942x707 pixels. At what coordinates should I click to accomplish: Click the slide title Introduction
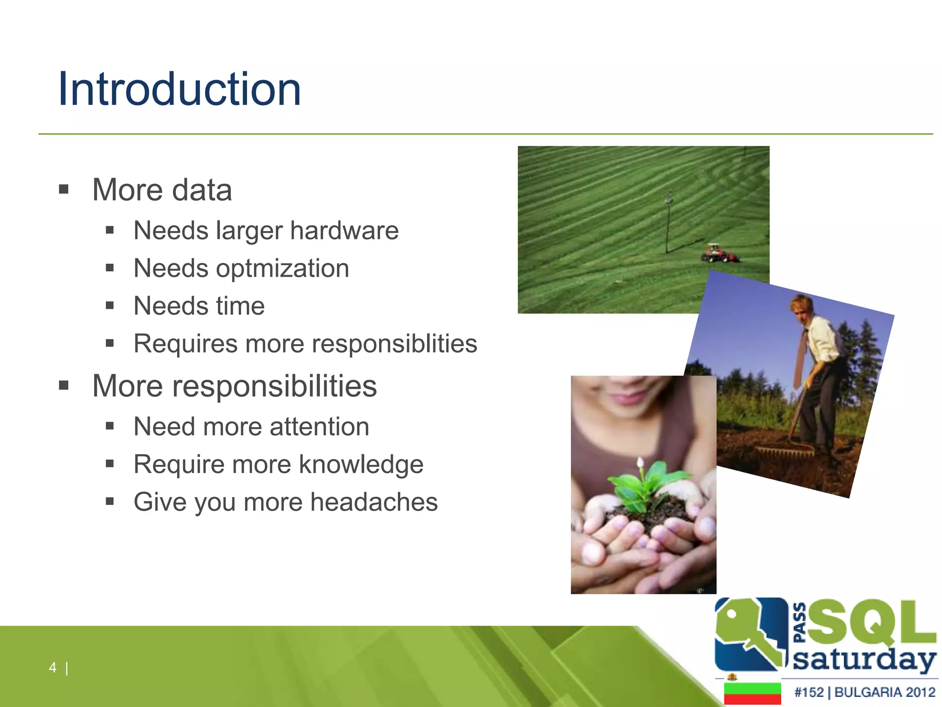click(179, 89)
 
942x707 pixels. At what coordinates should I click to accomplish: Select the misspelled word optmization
click(282, 268)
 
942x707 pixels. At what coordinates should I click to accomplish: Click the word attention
click(319, 427)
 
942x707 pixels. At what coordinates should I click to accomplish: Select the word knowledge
click(361, 464)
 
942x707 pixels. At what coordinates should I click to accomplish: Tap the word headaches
click(373, 502)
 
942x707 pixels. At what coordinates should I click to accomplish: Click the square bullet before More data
click(64, 189)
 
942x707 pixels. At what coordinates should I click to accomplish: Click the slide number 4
click(52, 667)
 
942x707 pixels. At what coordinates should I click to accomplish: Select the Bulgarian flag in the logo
click(752, 693)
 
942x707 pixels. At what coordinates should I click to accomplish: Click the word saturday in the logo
click(864, 660)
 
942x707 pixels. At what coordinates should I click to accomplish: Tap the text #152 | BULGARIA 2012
click(864, 692)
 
